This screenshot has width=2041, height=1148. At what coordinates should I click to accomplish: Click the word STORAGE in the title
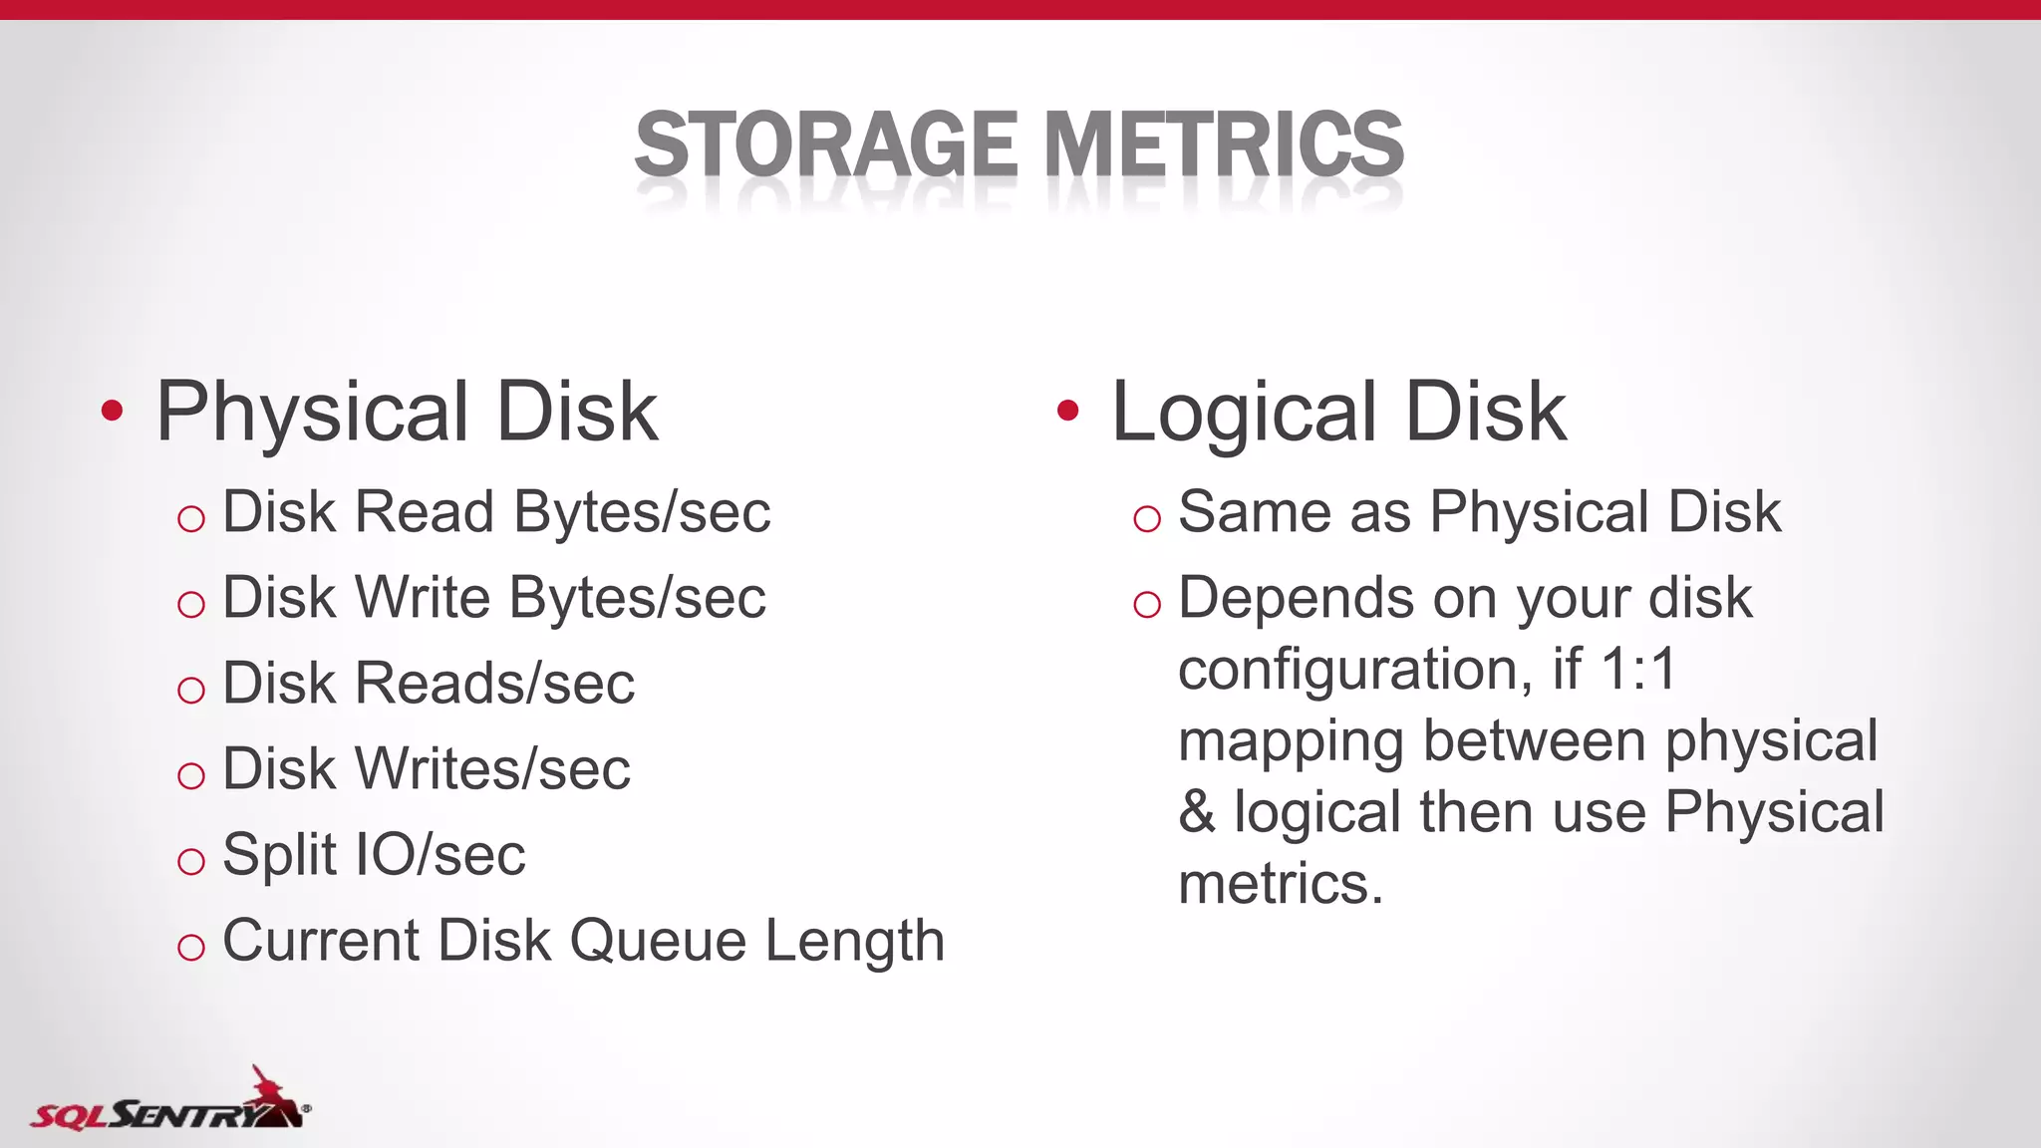click(x=825, y=144)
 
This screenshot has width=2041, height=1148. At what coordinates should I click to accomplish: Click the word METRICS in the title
click(x=1224, y=144)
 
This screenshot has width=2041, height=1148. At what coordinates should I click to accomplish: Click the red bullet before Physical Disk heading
click(x=113, y=411)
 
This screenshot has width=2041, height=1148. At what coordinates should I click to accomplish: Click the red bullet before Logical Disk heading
click(x=1068, y=411)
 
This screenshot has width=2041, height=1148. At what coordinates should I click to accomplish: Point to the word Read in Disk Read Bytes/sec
click(x=425, y=512)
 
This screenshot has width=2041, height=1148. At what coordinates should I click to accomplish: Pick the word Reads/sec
click(x=495, y=684)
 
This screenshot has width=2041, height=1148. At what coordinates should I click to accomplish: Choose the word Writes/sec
click(x=493, y=769)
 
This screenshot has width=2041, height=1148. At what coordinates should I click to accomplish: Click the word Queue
click(x=658, y=942)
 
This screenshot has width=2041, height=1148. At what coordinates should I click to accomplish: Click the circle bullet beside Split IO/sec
click(x=190, y=861)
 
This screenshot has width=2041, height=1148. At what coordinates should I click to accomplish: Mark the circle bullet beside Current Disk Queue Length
click(x=190, y=947)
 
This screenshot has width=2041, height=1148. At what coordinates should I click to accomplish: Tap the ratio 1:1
click(x=1638, y=669)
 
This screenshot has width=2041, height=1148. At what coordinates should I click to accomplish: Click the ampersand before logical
click(x=1197, y=812)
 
